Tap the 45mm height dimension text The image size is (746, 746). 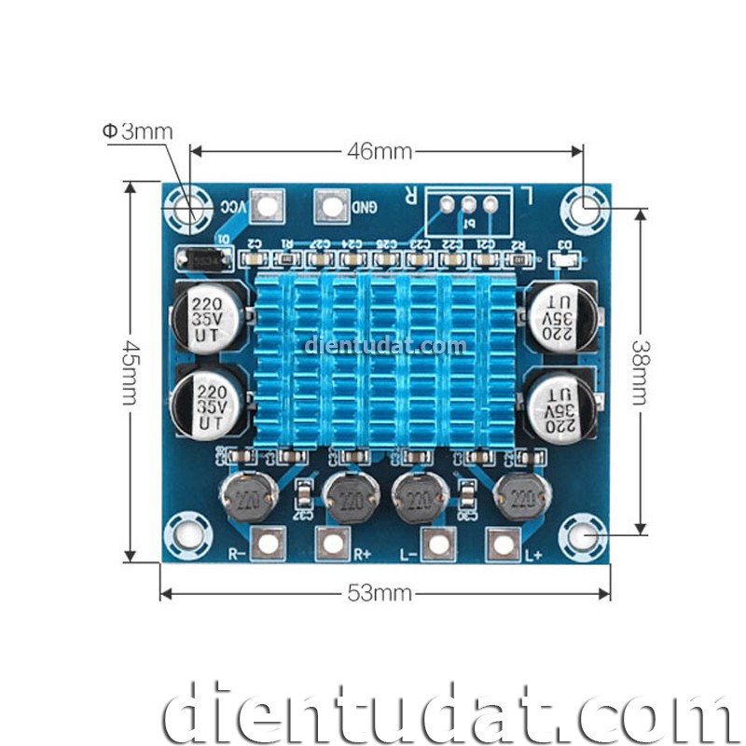coord(131,371)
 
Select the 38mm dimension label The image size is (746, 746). coord(640,371)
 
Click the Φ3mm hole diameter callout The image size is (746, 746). coord(138,131)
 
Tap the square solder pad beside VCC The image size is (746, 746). coord(269,206)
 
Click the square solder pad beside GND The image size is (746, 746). coord(331,206)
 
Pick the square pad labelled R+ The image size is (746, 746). coord(333,542)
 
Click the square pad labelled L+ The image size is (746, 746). coord(502,542)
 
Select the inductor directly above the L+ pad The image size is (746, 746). coord(518,496)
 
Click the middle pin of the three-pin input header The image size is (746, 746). coord(468,205)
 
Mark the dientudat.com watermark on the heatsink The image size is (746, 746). coord(385,347)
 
